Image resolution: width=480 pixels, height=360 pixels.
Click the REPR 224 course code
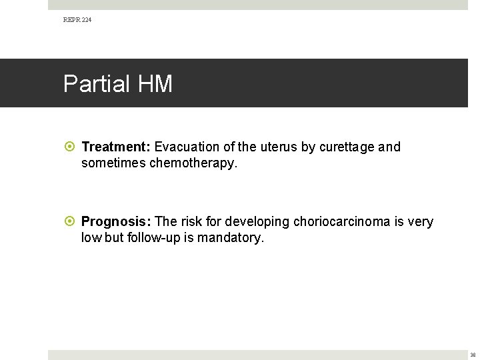click(x=77, y=20)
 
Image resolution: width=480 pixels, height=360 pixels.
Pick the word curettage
click(x=347, y=147)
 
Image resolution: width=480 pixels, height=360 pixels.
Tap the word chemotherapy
click(x=193, y=163)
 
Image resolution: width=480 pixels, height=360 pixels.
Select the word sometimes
click(x=113, y=163)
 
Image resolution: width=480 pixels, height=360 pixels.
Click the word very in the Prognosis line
click(x=419, y=221)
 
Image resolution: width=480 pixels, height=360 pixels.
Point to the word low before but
click(x=91, y=237)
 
